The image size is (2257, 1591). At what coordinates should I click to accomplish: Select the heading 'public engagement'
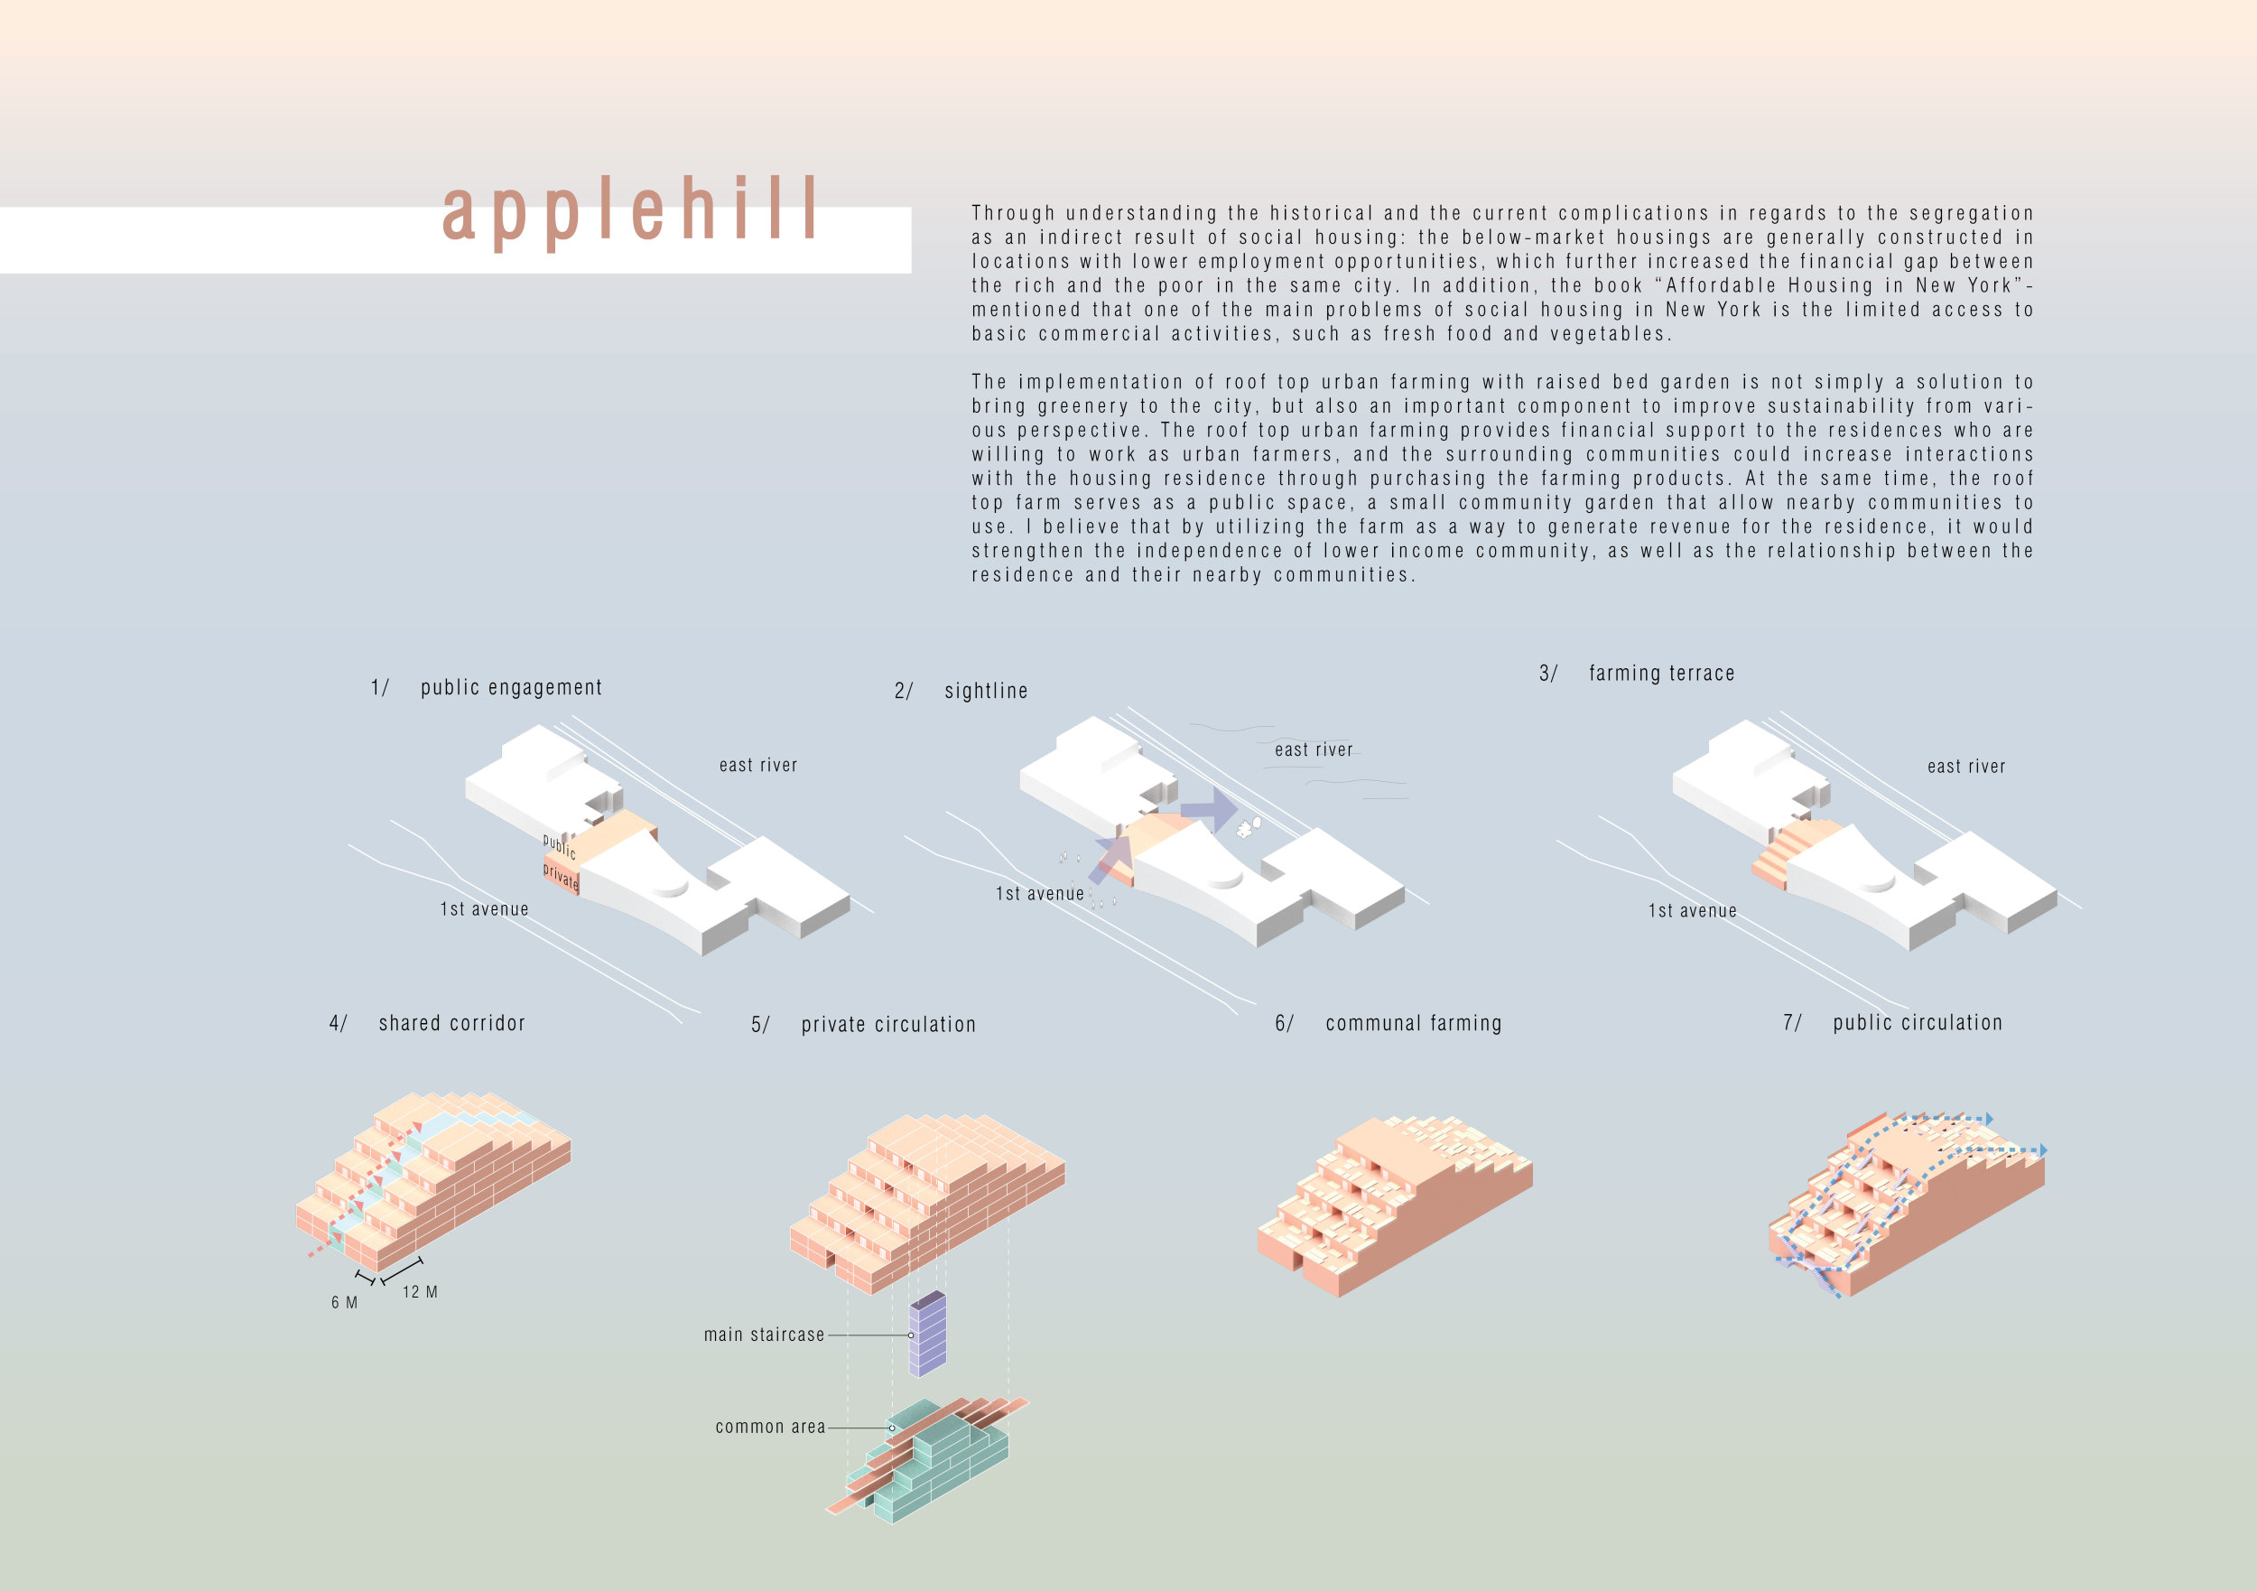[x=511, y=687]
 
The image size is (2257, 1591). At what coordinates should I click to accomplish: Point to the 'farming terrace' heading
[x=1661, y=674]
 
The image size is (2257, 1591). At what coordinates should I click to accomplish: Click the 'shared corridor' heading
[x=452, y=1024]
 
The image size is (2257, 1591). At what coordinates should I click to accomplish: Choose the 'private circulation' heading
[x=888, y=1025]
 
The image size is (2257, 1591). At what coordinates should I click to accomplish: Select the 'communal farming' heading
[x=1414, y=1024]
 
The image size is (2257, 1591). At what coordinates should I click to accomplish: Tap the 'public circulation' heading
[x=1917, y=1023]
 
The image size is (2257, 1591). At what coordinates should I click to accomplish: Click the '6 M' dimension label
[x=344, y=1302]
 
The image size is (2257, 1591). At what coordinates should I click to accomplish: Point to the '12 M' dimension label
[x=420, y=1292]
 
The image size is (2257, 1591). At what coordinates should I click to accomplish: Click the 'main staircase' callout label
[x=764, y=1335]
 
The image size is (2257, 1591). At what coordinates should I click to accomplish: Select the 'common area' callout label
[x=770, y=1427]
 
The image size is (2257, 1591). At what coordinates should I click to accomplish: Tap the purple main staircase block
[x=927, y=1334]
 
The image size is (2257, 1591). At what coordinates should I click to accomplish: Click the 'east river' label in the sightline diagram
[x=1314, y=750]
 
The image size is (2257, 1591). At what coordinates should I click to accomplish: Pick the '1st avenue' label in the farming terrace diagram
[x=1692, y=912]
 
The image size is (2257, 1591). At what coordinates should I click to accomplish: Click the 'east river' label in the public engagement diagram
[x=758, y=765]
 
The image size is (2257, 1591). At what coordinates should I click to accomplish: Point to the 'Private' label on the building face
[x=561, y=875]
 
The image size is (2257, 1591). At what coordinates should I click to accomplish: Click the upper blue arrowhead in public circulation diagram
[x=1989, y=1119]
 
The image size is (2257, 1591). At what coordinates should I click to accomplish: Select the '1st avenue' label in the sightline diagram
[x=1039, y=894]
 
